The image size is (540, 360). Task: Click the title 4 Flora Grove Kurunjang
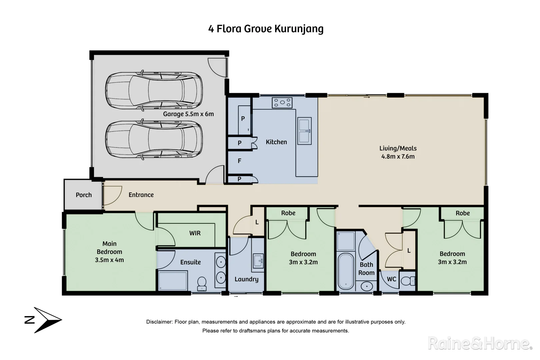[266, 29]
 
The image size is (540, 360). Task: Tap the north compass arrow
[47, 320]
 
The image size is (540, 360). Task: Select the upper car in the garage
[154, 90]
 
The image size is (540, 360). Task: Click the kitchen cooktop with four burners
[282, 103]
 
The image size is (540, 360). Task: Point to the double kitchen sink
[304, 131]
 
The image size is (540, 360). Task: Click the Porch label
[84, 195]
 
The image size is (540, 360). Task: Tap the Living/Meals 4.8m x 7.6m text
[398, 152]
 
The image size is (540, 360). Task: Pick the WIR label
[195, 233]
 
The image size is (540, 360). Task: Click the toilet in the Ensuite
[202, 284]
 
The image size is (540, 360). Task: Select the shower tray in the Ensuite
[173, 281]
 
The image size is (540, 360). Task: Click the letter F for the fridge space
[239, 161]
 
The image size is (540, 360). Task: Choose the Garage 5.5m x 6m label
[188, 114]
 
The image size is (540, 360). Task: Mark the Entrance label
[141, 195]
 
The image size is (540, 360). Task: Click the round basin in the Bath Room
[367, 286]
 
